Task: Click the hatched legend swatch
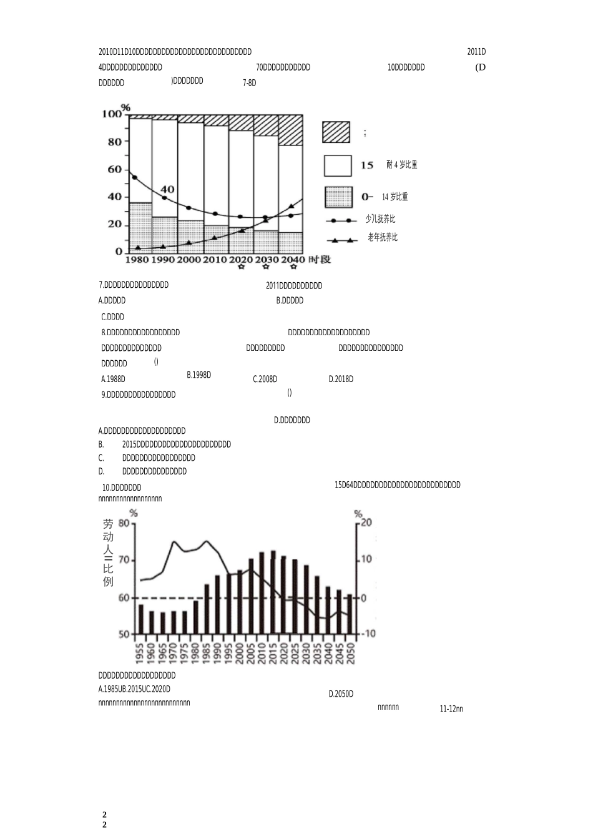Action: click(x=336, y=132)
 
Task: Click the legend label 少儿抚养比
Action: click(x=380, y=220)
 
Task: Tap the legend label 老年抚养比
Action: click(x=382, y=238)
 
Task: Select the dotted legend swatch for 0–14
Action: click(x=338, y=197)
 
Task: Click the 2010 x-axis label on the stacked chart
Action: click(x=215, y=260)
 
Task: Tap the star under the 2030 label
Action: click(x=266, y=268)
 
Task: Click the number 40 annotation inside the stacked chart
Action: click(x=167, y=189)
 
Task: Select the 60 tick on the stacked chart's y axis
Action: click(x=115, y=169)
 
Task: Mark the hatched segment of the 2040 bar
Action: click(x=290, y=130)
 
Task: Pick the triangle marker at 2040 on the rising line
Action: click(x=291, y=206)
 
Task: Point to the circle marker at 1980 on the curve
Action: click(x=134, y=177)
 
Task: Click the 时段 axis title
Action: click(x=319, y=260)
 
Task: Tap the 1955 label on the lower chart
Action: click(x=140, y=653)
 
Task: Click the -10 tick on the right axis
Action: click(x=368, y=634)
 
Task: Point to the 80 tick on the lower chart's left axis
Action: click(x=124, y=523)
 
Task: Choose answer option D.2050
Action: click(x=341, y=694)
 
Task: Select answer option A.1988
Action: click(x=113, y=379)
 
